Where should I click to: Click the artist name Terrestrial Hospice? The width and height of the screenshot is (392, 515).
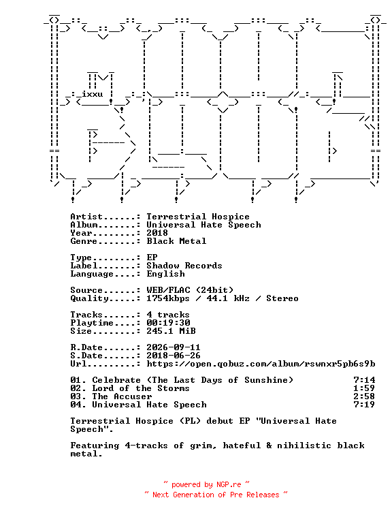pos(198,217)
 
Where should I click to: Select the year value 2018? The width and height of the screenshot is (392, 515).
pos(157,233)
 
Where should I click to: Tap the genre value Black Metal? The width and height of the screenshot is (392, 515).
pos(176,241)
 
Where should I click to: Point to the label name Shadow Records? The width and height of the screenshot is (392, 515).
pos(184,266)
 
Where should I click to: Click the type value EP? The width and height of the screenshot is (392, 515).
pos(152,257)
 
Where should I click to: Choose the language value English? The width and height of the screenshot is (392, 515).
pos(165,274)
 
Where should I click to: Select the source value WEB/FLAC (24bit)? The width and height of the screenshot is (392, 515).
pos(190,290)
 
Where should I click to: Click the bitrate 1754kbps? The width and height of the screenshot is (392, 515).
pos(168,298)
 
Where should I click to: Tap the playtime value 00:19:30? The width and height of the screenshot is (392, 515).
pos(168,323)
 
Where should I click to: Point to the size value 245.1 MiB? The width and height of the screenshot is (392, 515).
pos(171,331)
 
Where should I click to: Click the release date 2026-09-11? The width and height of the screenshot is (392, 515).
pos(174,347)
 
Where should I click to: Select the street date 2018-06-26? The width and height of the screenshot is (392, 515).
pos(174,356)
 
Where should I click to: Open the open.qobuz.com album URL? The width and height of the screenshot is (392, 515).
pos(261,364)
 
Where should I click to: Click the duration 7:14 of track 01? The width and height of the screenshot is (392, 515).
pos(364,380)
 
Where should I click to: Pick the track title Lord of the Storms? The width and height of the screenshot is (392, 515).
pos(141,388)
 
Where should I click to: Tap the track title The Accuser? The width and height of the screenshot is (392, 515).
pos(122,396)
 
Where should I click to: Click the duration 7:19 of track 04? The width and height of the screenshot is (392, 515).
pos(364,405)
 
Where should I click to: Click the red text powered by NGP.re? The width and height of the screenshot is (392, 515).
pos(206,484)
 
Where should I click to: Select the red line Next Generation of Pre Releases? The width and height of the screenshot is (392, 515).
pos(216,495)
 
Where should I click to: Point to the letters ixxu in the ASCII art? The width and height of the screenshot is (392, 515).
pos(92,94)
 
